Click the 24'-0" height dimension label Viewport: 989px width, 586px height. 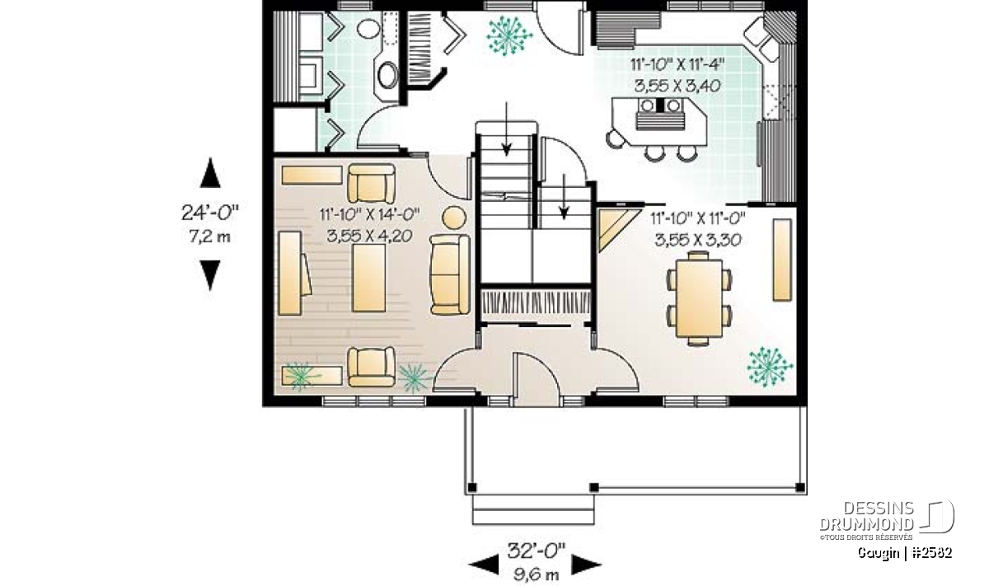[209, 213]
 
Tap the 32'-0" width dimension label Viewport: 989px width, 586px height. [536, 551]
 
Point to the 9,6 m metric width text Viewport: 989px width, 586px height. [536, 574]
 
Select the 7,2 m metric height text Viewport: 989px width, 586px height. [209, 237]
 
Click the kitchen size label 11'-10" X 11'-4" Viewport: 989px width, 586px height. [677, 65]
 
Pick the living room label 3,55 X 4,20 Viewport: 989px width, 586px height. [369, 236]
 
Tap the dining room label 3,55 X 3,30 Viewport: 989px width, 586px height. [697, 240]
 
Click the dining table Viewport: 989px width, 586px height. [699, 298]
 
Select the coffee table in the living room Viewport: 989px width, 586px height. [368, 278]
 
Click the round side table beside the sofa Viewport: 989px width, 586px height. [454, 218]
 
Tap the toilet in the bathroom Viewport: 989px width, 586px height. [368, 29]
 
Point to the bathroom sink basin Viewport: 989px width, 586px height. [388, 75]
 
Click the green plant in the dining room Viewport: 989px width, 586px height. [770, 367]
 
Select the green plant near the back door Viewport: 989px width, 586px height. [509, 35]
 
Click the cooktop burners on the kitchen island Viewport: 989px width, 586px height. [660, 105]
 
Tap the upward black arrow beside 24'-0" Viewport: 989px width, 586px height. [210, 172]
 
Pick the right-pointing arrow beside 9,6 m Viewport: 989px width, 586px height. [586, 565]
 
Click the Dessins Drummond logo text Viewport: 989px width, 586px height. [866, 516]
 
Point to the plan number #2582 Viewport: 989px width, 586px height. [931, 553]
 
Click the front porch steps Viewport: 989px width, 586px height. [533, 509]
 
